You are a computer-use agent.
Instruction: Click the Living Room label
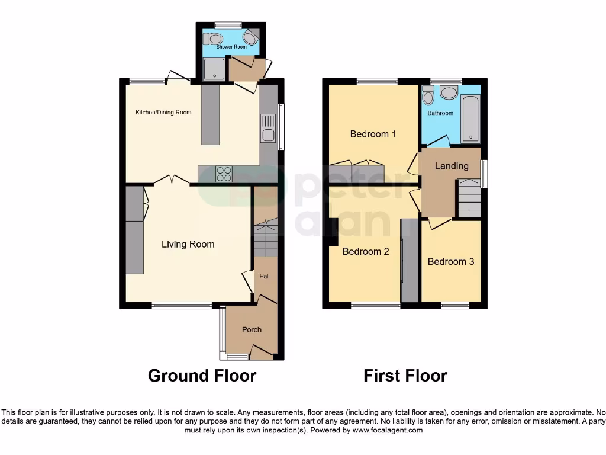click(188, 244)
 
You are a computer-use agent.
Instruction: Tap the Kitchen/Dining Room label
click(163, 112)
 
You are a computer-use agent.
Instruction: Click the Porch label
click(252, 329)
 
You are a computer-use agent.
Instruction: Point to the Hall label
click(265, 276)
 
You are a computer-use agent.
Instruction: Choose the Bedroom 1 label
click(373, 134)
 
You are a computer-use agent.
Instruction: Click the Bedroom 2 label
click(366, 251)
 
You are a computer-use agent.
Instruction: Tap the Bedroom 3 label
click(451, 261)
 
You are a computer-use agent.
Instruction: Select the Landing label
click(452, 166)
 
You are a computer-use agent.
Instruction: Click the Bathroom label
click(440, 113)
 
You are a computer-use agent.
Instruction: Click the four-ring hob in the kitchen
click(224, 174)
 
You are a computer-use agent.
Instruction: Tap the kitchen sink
click(268, 134)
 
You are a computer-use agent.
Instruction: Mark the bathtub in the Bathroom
click(470, 120)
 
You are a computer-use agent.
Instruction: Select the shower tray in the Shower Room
click(214, 69)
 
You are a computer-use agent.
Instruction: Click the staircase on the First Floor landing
click(469, 198)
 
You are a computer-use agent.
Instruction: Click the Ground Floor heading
click(202, 376)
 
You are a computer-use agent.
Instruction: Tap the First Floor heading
click(405, 376)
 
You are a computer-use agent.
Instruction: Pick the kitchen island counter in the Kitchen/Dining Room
click(210, 114)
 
